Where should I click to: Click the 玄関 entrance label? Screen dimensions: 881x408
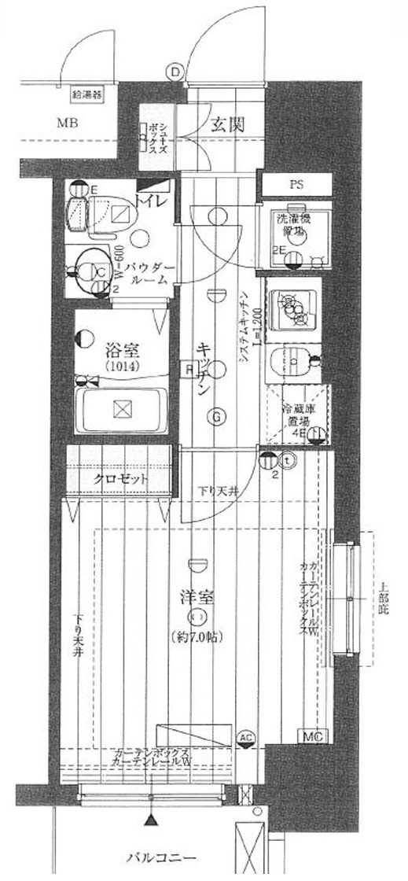click(x=230, y=123)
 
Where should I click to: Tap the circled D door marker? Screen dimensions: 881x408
click(x=175, y=72)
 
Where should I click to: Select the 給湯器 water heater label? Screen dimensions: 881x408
click(x=87, y=96)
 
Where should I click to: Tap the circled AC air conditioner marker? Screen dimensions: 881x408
click(x=245, y=737)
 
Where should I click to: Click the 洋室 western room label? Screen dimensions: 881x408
click(x=198, y=598)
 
